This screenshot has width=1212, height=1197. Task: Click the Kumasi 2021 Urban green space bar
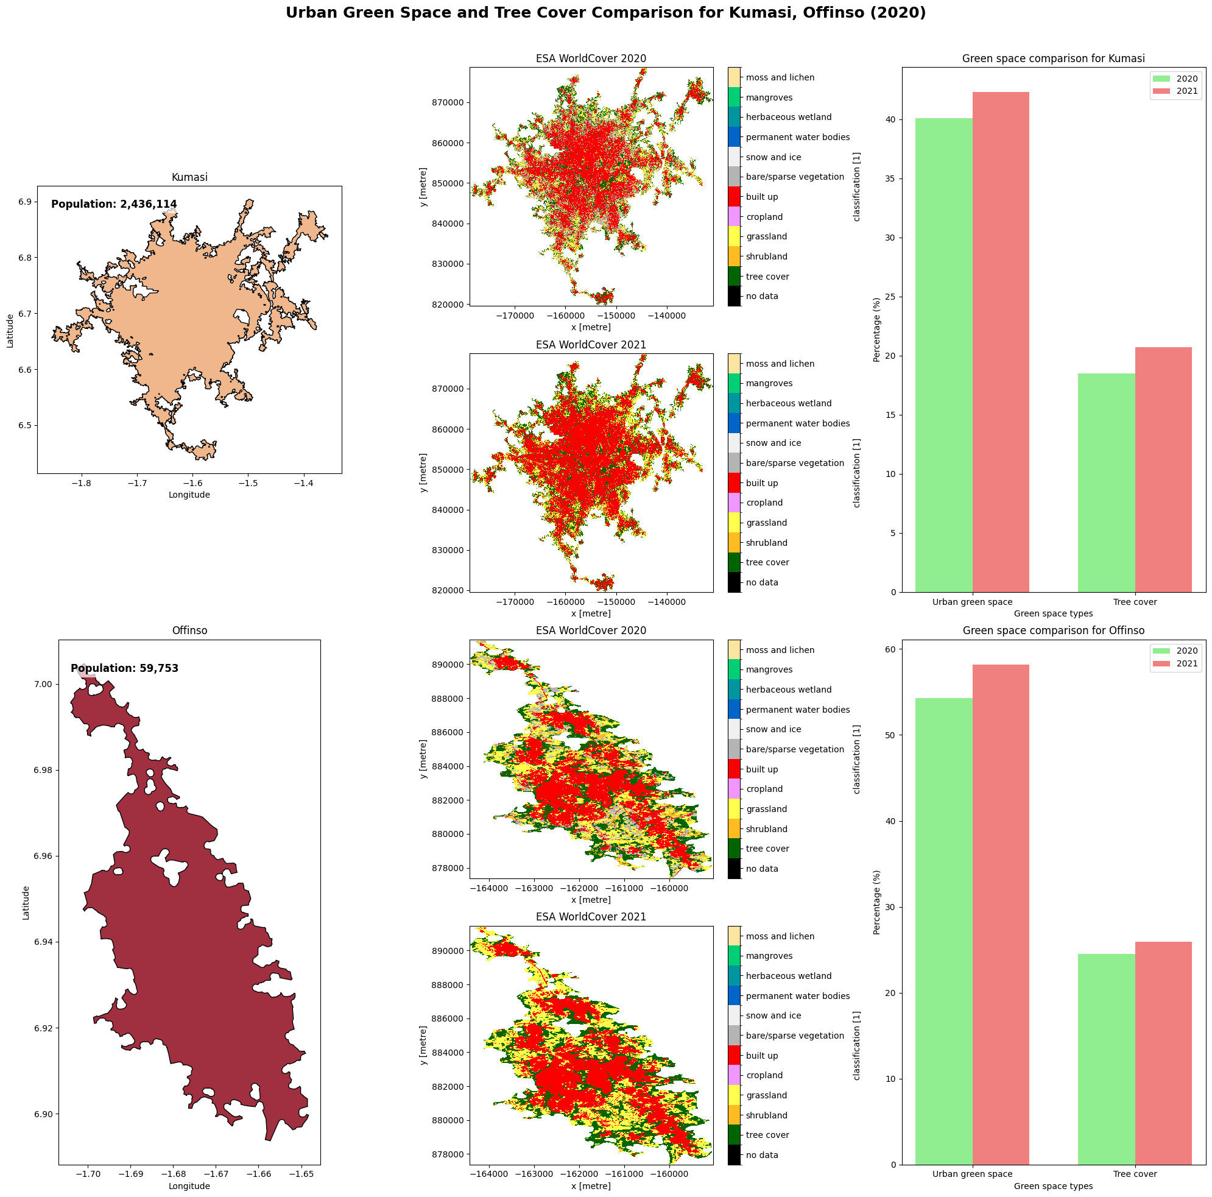[x=1000, y=342]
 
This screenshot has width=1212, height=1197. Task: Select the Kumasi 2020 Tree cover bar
[x=1106, y=482]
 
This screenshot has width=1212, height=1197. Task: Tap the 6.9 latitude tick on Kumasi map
[x=24, y=202]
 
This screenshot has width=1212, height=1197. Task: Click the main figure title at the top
[x=605, y=13]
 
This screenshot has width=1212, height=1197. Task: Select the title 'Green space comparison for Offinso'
[x=1053, y=630]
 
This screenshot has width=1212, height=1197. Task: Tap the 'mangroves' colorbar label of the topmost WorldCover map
[x=769, y=97]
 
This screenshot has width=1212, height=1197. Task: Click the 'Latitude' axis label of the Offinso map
[x=26, y=903]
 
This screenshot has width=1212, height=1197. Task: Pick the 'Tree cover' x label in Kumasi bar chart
[x=1135, y=602]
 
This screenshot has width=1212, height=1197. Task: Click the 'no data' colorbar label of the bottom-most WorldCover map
[x=761, y=1155]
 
